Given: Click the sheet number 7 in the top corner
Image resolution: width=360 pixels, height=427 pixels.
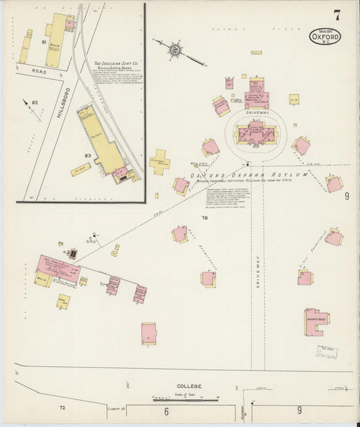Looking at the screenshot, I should point(336,15).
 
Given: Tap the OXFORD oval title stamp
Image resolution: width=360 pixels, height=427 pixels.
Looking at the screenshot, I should point(325,36).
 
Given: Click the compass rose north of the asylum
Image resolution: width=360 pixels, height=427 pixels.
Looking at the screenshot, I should point(174,49).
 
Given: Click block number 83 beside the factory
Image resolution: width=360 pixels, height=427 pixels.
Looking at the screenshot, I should point(87,155).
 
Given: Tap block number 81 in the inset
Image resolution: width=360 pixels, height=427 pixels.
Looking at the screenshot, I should point(43,43).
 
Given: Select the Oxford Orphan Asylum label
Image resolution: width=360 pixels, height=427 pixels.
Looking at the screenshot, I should point(249,176).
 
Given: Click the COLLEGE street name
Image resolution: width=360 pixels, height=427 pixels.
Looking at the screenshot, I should point(190,386).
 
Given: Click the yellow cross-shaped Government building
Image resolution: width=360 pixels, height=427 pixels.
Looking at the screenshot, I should point(159,162).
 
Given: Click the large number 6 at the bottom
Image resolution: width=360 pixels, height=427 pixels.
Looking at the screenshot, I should point(166,411).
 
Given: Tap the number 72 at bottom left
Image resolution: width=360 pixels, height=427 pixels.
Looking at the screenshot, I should point(62,408).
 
